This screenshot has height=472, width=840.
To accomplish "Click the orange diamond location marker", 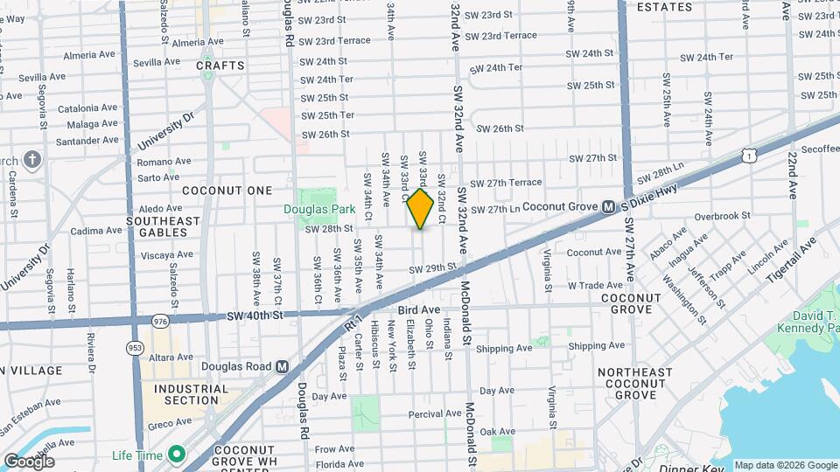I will point(420,210).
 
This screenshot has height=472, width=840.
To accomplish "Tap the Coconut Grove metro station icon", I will point(606,207).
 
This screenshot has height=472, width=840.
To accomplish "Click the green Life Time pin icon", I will point(176,454).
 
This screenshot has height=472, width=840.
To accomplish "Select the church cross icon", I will point(32,160).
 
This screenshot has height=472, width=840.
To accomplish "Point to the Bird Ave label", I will point(418,310).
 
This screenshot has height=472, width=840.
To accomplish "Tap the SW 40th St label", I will point(255,316).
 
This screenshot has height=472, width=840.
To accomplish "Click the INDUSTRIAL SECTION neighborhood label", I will point(185,394).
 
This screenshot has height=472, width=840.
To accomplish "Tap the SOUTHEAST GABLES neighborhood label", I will point(163,227).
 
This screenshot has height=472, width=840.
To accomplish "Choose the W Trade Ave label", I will point(595,285).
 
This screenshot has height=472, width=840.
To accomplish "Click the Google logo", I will point(29,462).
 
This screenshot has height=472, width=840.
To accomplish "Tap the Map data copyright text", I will point(785,465).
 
